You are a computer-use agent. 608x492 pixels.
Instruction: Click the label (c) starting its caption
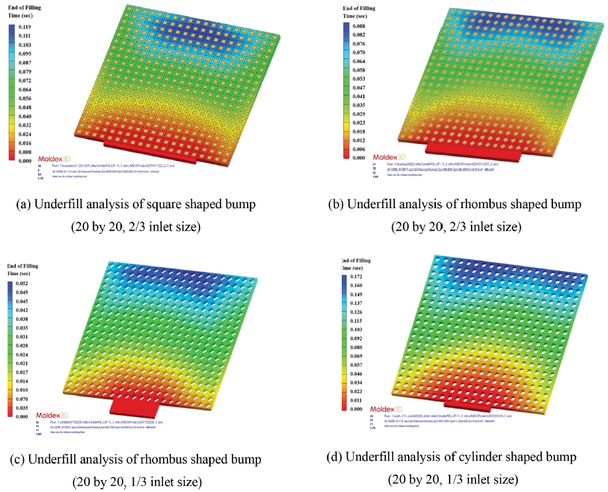point(17,459)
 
